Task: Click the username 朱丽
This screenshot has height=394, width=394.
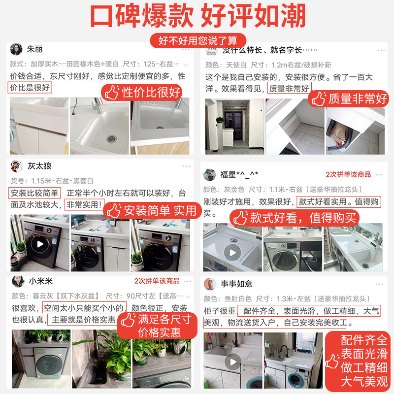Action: [35, 50]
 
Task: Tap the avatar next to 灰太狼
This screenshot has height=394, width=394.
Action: [17, 166]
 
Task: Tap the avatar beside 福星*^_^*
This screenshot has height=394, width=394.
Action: [210, 175]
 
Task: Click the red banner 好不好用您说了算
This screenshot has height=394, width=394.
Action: [197, 39]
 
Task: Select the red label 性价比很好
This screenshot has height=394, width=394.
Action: [142, 92]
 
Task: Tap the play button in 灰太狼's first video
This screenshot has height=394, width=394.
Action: [39, 244]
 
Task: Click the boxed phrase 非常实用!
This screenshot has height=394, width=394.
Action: [84, 204]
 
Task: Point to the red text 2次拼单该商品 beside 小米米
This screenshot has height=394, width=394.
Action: [157, 281]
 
